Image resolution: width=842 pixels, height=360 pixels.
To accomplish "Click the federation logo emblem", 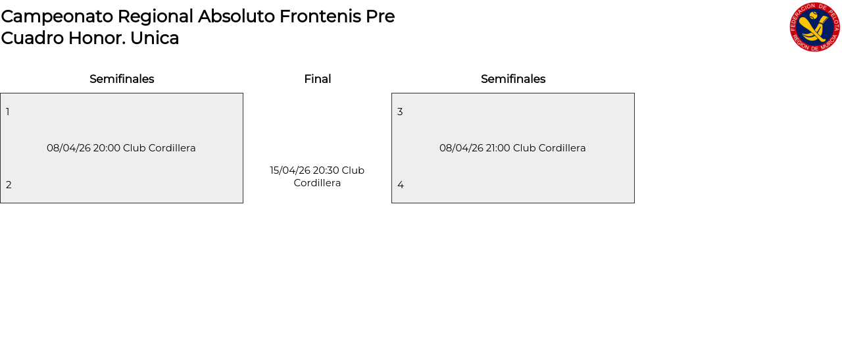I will tap(815, 27).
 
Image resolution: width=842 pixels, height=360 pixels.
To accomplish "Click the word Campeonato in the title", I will tap(57, 16).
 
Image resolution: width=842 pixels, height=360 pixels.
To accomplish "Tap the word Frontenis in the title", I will tap(320, 16).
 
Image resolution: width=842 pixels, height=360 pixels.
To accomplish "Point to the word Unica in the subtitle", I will tap(155, 38).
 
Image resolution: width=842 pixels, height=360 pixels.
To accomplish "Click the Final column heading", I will tap(317, 79).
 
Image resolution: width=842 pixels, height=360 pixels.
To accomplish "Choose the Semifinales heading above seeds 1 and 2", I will tap(122, 79).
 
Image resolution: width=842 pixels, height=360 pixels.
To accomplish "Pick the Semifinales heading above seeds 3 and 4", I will tap(513, 79).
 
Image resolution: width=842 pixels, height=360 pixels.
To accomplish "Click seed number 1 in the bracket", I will tap(8, 112).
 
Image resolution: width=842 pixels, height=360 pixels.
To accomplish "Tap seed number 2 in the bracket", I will tap(9, 185).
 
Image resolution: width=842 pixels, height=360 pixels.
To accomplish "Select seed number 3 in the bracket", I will tap(400, 112).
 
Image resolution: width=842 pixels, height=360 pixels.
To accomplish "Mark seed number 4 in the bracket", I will tap(401, 185).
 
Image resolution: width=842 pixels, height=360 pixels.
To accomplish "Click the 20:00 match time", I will tap(107, 148).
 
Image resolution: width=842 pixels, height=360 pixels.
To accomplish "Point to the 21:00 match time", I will tap(498, 148).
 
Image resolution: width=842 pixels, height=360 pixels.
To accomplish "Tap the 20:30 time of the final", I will tap(326, 170).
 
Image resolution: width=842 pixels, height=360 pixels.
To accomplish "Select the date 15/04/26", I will tap(289, 170).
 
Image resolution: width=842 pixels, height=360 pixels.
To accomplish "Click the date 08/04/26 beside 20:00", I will tap(68, 148).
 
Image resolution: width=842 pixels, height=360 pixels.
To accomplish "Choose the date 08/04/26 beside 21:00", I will tap(461, 148).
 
